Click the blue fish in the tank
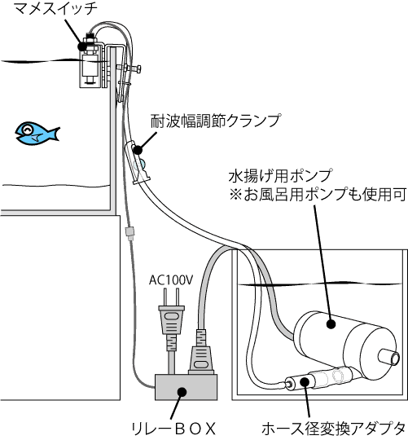(x=37, y=133)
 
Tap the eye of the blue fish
(x=27, y=130)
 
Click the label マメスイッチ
(x=56, y=8)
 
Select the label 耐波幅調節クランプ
(x=216, y=121)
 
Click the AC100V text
(x=171, y=280)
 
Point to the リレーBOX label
(x=174, y=429)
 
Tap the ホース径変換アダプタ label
(x=334, y=429)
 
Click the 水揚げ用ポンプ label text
(x=280, y=176)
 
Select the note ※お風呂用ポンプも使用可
(x=318, y=195)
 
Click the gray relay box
(x=186, y=387)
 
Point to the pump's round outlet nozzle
(x=389, y=358)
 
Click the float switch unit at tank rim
(x=89, y=61)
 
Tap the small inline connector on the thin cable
(x=129, y=233)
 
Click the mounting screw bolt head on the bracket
(x=138, y=68)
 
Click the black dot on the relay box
(x=182, y=391)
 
